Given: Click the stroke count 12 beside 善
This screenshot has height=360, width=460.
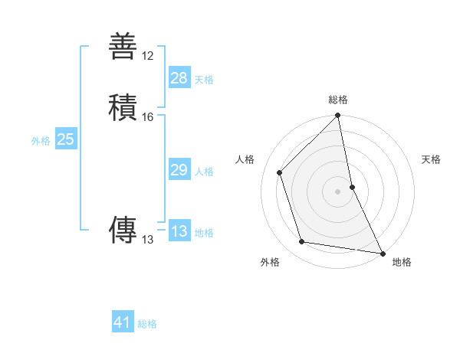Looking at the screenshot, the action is [148, 56].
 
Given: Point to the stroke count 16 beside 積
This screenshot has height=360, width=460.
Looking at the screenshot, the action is [148, 117].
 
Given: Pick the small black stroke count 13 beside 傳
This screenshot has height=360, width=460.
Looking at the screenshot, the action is [148, 240].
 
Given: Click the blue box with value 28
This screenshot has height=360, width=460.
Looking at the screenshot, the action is [179, 78].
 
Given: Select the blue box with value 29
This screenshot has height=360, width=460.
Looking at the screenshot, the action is [179, 170].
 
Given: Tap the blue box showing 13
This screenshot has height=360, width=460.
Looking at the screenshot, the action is [179, 231].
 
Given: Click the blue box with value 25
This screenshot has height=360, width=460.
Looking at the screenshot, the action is [66, 139].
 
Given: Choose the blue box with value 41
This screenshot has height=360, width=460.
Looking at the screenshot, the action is [123, 322].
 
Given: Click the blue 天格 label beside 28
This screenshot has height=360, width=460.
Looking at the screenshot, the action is [204, 80].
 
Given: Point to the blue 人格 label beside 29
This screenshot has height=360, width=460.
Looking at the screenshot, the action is [204, 172].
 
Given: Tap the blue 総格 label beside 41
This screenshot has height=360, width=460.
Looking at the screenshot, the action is [147, 324].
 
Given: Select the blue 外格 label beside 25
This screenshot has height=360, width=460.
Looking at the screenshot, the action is [41, 141].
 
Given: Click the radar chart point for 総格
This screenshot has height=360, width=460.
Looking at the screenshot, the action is [338, 116].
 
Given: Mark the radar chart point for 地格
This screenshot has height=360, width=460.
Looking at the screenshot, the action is [381, 252].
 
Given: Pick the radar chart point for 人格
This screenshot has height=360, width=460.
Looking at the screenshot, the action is [280, 172].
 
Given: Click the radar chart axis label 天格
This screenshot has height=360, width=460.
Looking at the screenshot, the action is [432, 159].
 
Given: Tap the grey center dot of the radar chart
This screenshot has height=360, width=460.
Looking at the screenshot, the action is [338, 191].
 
